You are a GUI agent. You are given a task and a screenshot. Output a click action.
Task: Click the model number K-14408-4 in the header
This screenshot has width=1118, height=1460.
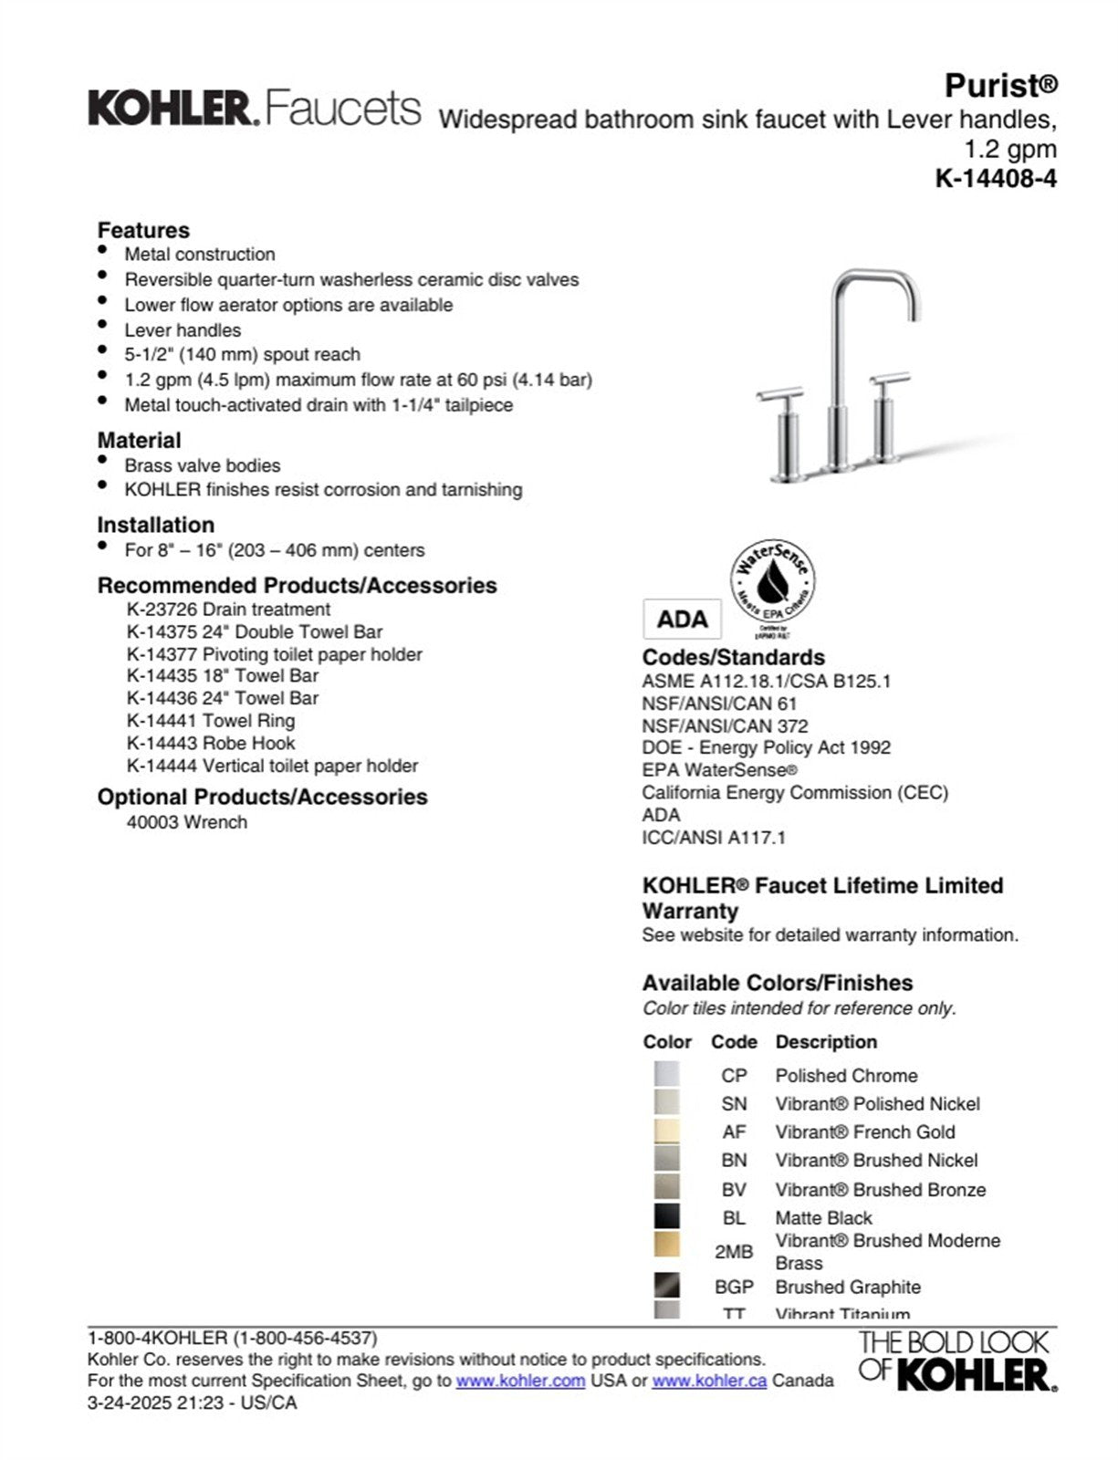coord(996,178)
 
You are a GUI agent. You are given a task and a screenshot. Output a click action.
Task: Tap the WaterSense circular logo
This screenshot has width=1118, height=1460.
coord(772,581)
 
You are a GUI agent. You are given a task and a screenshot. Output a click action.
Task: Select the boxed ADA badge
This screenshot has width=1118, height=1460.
coord(682,620)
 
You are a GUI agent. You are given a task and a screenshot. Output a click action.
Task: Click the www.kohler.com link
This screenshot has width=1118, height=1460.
coord(520,1381)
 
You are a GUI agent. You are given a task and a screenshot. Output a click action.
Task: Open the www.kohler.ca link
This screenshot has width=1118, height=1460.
coord(709,1381)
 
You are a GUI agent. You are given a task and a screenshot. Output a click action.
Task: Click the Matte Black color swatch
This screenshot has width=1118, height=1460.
coord(666,1217)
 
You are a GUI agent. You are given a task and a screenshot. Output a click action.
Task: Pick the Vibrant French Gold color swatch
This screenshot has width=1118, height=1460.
coord(666,1131)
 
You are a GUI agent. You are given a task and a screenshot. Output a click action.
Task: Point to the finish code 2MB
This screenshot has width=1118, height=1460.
coord(734,1252)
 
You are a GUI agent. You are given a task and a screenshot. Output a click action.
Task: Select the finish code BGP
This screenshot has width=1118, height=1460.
coord(734,1288)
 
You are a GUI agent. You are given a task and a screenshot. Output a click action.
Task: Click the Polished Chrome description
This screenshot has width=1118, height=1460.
coord(846,1076)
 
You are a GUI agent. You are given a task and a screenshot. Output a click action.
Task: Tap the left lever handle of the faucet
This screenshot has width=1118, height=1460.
coord(780,394)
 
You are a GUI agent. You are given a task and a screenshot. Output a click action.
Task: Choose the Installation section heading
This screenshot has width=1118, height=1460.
coord(156,526)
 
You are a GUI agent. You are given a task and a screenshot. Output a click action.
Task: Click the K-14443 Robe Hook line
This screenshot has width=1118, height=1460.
coord(211,743)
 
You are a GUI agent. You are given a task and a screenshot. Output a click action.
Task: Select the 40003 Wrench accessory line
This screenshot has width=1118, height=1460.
coord(187,822)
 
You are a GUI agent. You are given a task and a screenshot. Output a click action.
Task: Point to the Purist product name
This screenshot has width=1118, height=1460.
coord(1000,86)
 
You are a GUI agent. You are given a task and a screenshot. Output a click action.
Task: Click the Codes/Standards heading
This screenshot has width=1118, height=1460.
coord(733,658)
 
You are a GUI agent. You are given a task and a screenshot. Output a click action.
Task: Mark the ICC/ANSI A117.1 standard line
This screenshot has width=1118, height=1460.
coord(714,838)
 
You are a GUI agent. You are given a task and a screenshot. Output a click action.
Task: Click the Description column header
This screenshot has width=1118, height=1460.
coord(826,1042)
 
